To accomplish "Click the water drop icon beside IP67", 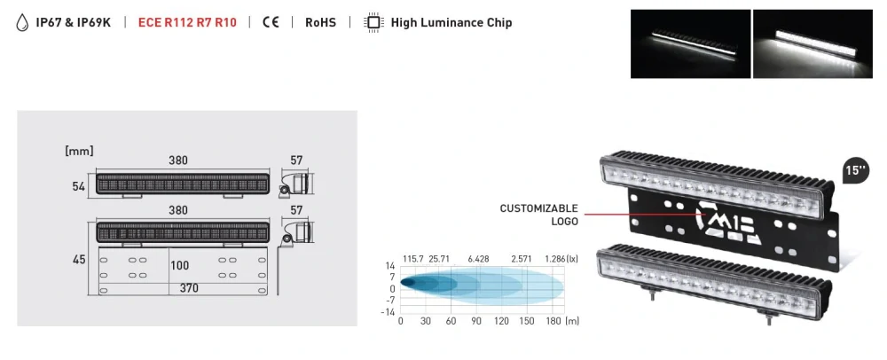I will coord(23,23).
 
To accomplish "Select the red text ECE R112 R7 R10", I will coord(187,23).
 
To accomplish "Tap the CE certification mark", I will coord(271,23).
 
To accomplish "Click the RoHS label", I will coord(320,23).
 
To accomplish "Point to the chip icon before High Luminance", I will coord(373,23).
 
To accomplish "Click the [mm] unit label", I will coord(79,152).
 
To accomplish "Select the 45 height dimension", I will coord(78,259).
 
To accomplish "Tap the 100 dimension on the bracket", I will coord(180,265).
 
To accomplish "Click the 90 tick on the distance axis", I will coord(476,321).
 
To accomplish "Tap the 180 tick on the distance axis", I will coord(553,321).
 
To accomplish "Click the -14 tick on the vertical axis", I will coord(389,311).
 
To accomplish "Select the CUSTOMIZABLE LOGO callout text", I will coord(538,214).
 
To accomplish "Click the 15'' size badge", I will coord(855,171).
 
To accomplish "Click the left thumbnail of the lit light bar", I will coord(690,43).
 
